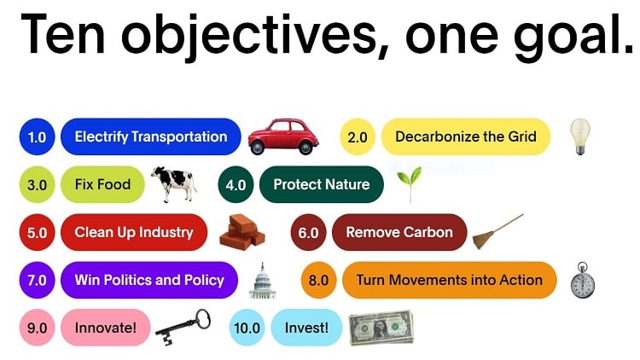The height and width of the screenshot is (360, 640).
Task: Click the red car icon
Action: tap(283, 136)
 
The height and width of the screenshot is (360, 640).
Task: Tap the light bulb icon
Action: tap(580, 136)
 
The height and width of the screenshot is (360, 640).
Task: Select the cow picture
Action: tap(174, 183)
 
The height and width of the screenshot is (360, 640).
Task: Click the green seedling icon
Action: tap(410, 184)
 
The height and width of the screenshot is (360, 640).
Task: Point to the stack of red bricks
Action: tap(242, 232)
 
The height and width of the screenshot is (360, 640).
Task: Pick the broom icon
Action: tap(498, 231)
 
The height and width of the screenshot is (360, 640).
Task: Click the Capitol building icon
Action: tap(263, 281)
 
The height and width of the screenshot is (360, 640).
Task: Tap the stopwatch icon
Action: tap(583, 280)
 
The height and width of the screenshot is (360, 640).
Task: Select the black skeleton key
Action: tap(183, 328)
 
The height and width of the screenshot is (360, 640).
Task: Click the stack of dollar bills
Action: tap(381, 328)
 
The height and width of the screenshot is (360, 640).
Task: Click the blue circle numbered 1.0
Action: tap(38, 136)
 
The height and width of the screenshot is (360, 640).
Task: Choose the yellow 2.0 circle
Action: tap(358, 136)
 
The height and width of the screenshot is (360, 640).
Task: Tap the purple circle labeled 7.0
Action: tap(38, 280)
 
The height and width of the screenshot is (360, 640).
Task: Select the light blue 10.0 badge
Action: tap(247, 328)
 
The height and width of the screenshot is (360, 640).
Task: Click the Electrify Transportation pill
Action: tap(150, 136)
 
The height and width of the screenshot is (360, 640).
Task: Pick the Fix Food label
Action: tap(102, 184)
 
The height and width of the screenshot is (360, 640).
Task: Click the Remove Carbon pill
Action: tap(399, 232)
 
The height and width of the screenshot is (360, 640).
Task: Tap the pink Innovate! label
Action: tap(105, 328)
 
